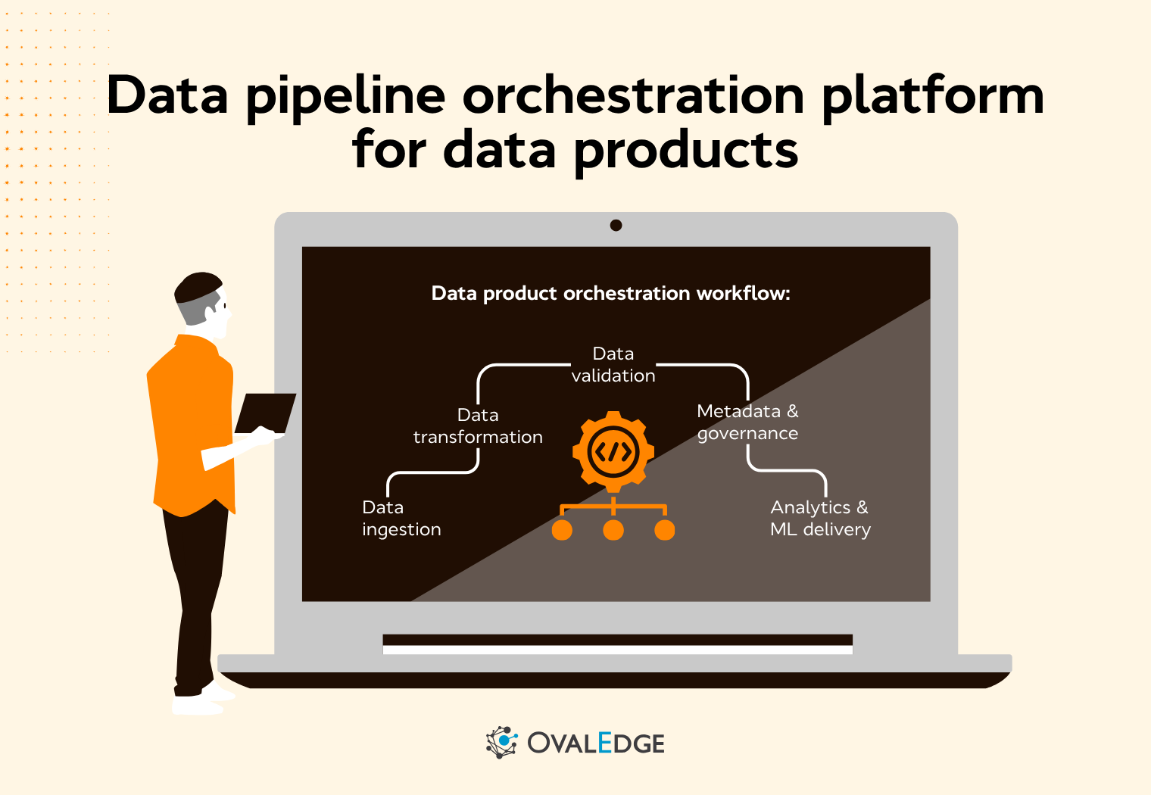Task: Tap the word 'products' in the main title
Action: tap(685, 150)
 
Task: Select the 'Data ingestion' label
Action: tap(401, 519)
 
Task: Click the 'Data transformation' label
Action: tap(478, 426)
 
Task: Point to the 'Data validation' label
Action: tap(613, 365)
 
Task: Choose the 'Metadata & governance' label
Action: tap(747, 422)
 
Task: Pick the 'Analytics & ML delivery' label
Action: tap(820, 519)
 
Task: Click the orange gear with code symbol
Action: tap(613, 452)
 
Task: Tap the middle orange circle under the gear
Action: tap(613, 530)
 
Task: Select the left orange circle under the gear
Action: tap(562, 530)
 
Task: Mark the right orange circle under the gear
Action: tap(665, 530)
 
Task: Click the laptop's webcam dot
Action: tap(616, 225)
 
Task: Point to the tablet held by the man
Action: tap(265, 413)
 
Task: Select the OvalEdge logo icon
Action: tap(501, 743)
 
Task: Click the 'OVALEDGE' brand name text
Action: tap(596, 744)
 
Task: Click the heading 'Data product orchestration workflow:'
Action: tap(610, 294)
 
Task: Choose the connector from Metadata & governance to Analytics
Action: tap(788, 470)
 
